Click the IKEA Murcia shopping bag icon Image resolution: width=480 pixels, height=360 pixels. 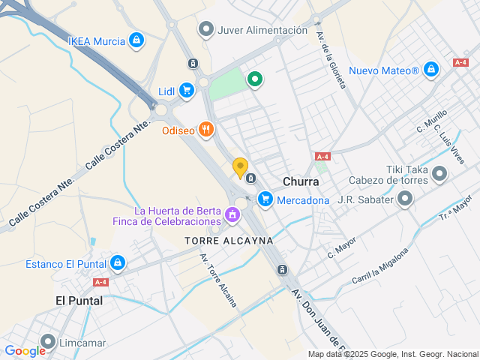click(x=136, y=40)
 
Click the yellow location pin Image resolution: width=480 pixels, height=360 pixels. click(x=240, y=168)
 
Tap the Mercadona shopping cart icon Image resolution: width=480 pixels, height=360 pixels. click(x=265, y=199)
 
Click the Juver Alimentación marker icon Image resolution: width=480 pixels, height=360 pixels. click(x=205, y=30)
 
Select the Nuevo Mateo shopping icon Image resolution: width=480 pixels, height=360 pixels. click(x=430, y=70)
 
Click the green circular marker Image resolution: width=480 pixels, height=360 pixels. click(x=255, y=78)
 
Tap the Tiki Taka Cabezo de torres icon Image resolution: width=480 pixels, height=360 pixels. click(x=439, y=175)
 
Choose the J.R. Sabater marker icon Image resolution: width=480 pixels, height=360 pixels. click(x=405, y=199)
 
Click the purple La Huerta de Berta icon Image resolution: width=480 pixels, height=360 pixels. click(x=232, y=216)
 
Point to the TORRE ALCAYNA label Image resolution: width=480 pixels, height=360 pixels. click(x=229, y=241)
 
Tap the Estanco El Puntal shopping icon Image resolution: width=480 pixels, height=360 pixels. click(x=117, y=263)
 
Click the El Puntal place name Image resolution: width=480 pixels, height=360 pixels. click(x=79, y=300)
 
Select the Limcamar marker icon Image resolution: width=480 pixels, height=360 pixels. click(x=48, y=343)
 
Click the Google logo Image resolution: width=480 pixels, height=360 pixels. click(x=25, y=350)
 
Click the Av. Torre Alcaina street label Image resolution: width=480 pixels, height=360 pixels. click(x=218, y=280)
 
